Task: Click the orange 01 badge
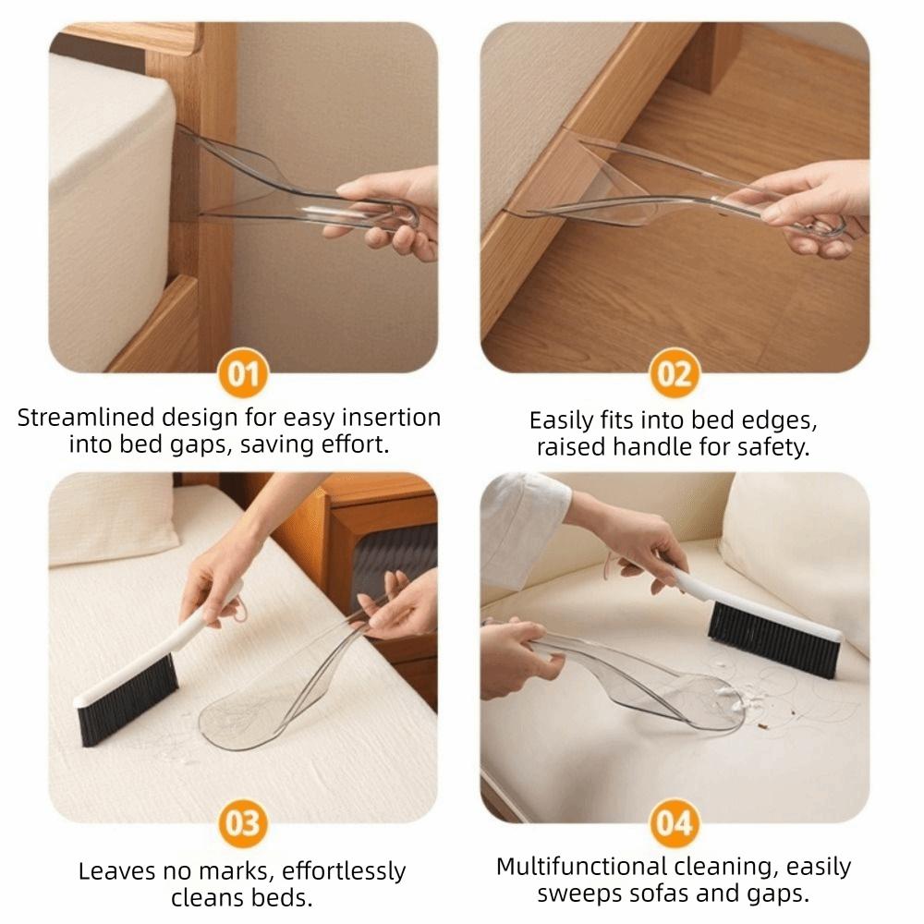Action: click(x=243, y=374)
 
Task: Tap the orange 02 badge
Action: click(x=675, y=374)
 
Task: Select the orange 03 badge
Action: click(x=243, y=822)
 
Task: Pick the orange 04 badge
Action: click(x=675, y=822)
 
